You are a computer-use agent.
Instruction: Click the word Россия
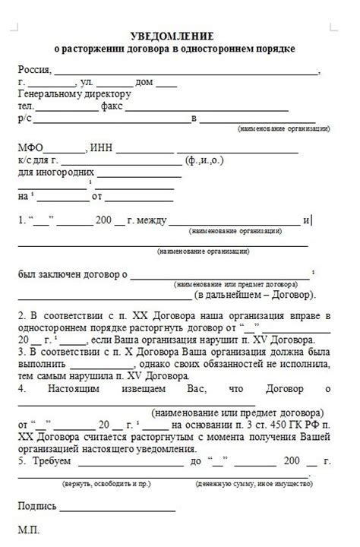tap(33, 71)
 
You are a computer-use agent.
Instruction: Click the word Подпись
tap(37, 505)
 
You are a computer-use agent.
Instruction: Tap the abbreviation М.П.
tap(28, 529)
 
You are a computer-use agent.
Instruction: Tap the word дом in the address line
tap(144, 83)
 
